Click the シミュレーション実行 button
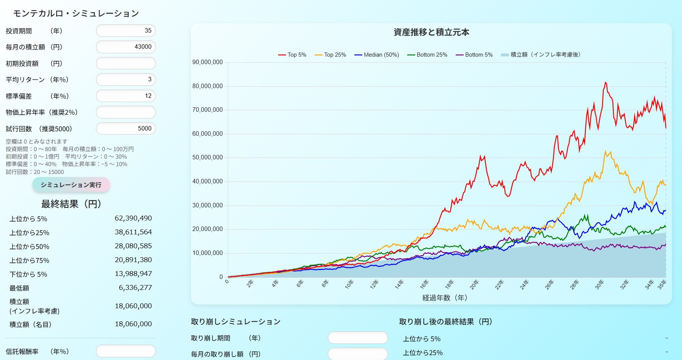[71, 185]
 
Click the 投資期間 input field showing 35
[126, 31]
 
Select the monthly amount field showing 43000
[126, 47]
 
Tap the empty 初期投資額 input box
[126, 63]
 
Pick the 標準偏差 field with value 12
[126, 96]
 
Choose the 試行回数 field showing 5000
[126, 129]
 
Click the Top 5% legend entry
[292, 55]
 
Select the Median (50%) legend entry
[377, 55]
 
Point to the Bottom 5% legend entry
[474, 55]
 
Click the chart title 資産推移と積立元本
[431, 33]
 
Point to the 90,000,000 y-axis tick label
[207, 62]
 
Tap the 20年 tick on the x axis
[474, 284]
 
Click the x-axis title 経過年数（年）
[445, 298]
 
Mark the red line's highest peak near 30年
[605, 82]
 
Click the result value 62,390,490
[133, 218]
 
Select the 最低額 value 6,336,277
[135, 288]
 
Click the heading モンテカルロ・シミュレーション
[76, 13]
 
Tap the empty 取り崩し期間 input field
[358, 338]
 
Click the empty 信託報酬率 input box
[126, 351]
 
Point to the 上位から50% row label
[29, 247]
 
